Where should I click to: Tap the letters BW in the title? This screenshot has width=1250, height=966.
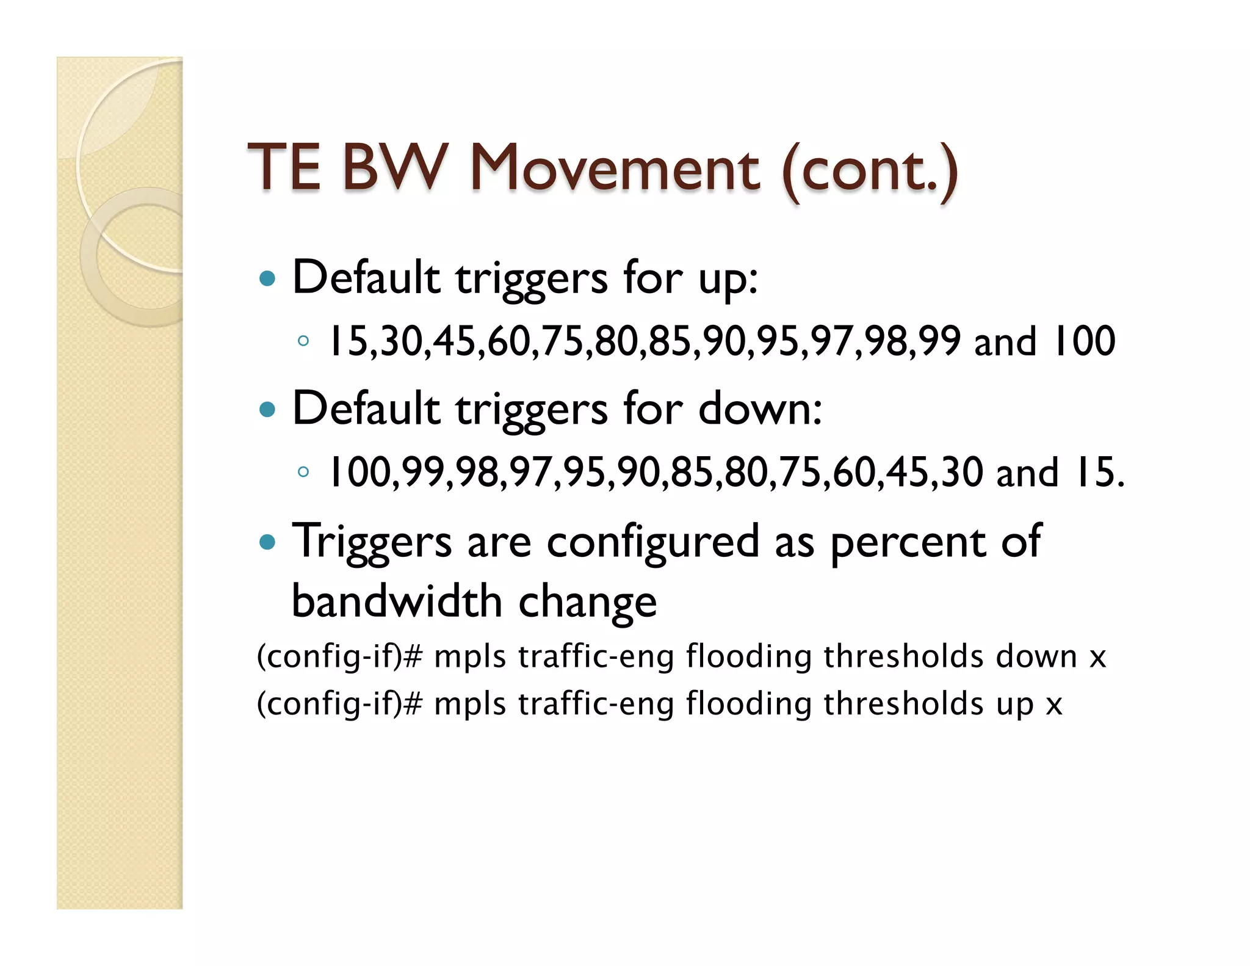[394, 168]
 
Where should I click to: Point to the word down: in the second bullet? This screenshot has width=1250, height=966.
[760, 409]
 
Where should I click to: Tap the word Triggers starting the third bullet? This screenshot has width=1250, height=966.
[372, 542]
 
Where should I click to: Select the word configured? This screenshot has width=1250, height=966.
[652, 542]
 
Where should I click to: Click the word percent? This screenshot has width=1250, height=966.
[908, 542]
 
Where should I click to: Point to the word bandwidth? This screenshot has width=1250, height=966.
[397, 601]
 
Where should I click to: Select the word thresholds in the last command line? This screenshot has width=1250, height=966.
[903, 703]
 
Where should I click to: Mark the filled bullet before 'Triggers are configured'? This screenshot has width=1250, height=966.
[267, 542]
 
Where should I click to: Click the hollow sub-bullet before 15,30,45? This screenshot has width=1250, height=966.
[303, 341]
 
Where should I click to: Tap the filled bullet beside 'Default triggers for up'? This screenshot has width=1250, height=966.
[267, 279]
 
